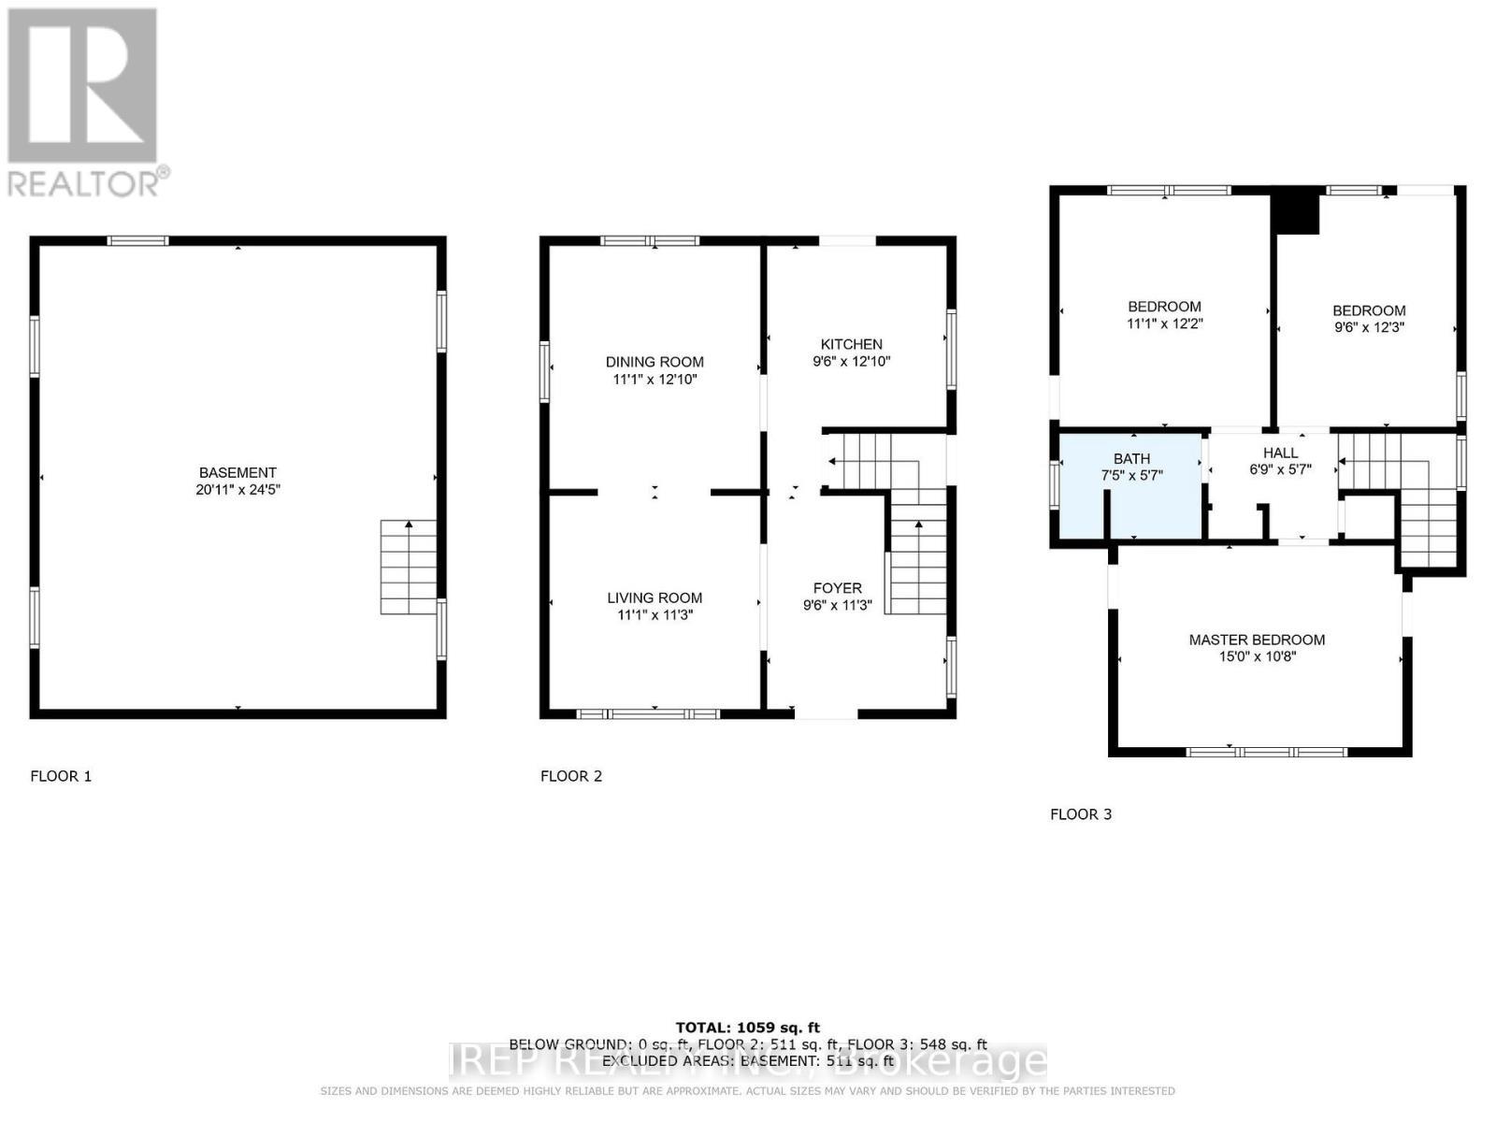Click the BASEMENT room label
237,472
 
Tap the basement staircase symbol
409,567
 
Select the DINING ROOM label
654,362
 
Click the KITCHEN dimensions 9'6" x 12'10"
851,361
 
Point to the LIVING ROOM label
654,597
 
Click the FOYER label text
837,588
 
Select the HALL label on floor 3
1280,453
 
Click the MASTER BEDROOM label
1257,640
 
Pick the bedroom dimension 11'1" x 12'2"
1164,324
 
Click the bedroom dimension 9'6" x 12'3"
1369,327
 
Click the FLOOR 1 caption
61,776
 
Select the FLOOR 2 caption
571,776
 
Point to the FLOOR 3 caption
1081,814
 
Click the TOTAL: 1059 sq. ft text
747,1028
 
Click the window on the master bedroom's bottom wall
1266,751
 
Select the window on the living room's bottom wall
648,713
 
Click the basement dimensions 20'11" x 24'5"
237,489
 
